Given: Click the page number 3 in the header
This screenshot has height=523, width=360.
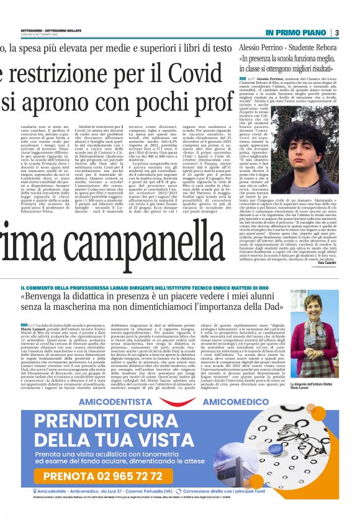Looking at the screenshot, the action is (336, 32).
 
